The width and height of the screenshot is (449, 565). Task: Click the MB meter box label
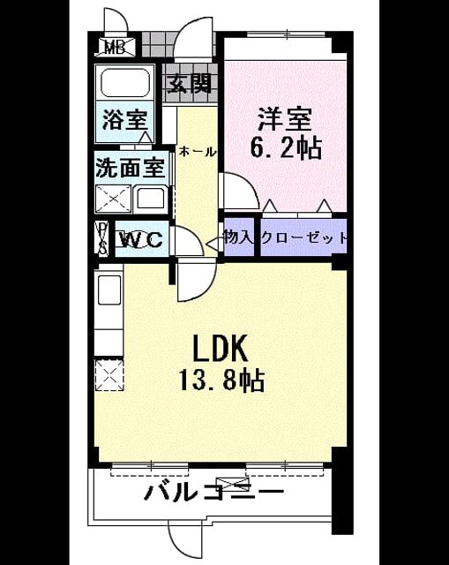(116, 47)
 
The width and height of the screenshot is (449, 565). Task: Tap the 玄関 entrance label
(190, 85)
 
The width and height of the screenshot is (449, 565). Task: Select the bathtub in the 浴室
(125, 83)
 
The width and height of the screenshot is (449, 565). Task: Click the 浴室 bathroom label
(125, 119)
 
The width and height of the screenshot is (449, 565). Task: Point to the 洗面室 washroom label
(131, 168)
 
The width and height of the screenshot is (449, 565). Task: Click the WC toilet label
(140, 239)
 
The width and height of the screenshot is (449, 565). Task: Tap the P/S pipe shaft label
(103, 238)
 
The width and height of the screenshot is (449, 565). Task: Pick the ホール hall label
(198, 152)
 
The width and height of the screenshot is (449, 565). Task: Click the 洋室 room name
(285, 119)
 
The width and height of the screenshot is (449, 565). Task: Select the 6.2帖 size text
(286, 148)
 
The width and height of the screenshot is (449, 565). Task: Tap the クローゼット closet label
(304, 237)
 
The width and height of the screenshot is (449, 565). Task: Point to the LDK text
(221, 349)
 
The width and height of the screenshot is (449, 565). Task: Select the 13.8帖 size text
(221, 380)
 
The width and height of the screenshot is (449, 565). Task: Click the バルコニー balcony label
(213, 492)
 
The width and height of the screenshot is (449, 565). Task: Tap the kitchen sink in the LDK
(109, 290)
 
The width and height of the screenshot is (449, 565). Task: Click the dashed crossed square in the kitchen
(109, 374)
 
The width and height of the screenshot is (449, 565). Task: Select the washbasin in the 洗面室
(151, 199)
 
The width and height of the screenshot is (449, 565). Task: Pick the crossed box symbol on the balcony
(232, 482)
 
